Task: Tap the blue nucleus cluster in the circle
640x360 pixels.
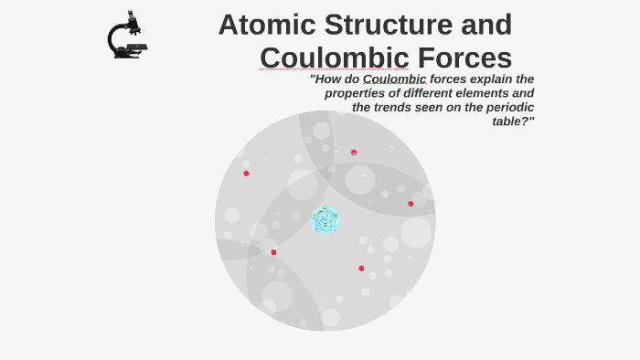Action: [325, 219]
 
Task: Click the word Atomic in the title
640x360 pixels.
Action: [266, 25]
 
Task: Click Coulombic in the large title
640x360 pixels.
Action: [334, 58]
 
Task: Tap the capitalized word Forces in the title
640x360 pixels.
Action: [464, 58]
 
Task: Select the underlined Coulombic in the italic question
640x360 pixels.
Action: [394, 79]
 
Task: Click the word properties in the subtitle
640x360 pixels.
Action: [357, 93]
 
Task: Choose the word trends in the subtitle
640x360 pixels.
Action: [398, 107]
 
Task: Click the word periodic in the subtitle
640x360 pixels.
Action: [508, 107]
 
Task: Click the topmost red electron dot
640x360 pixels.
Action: [354, 153]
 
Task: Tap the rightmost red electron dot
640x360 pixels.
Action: [411, 204]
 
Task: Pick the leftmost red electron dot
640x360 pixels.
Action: [246, 174]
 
